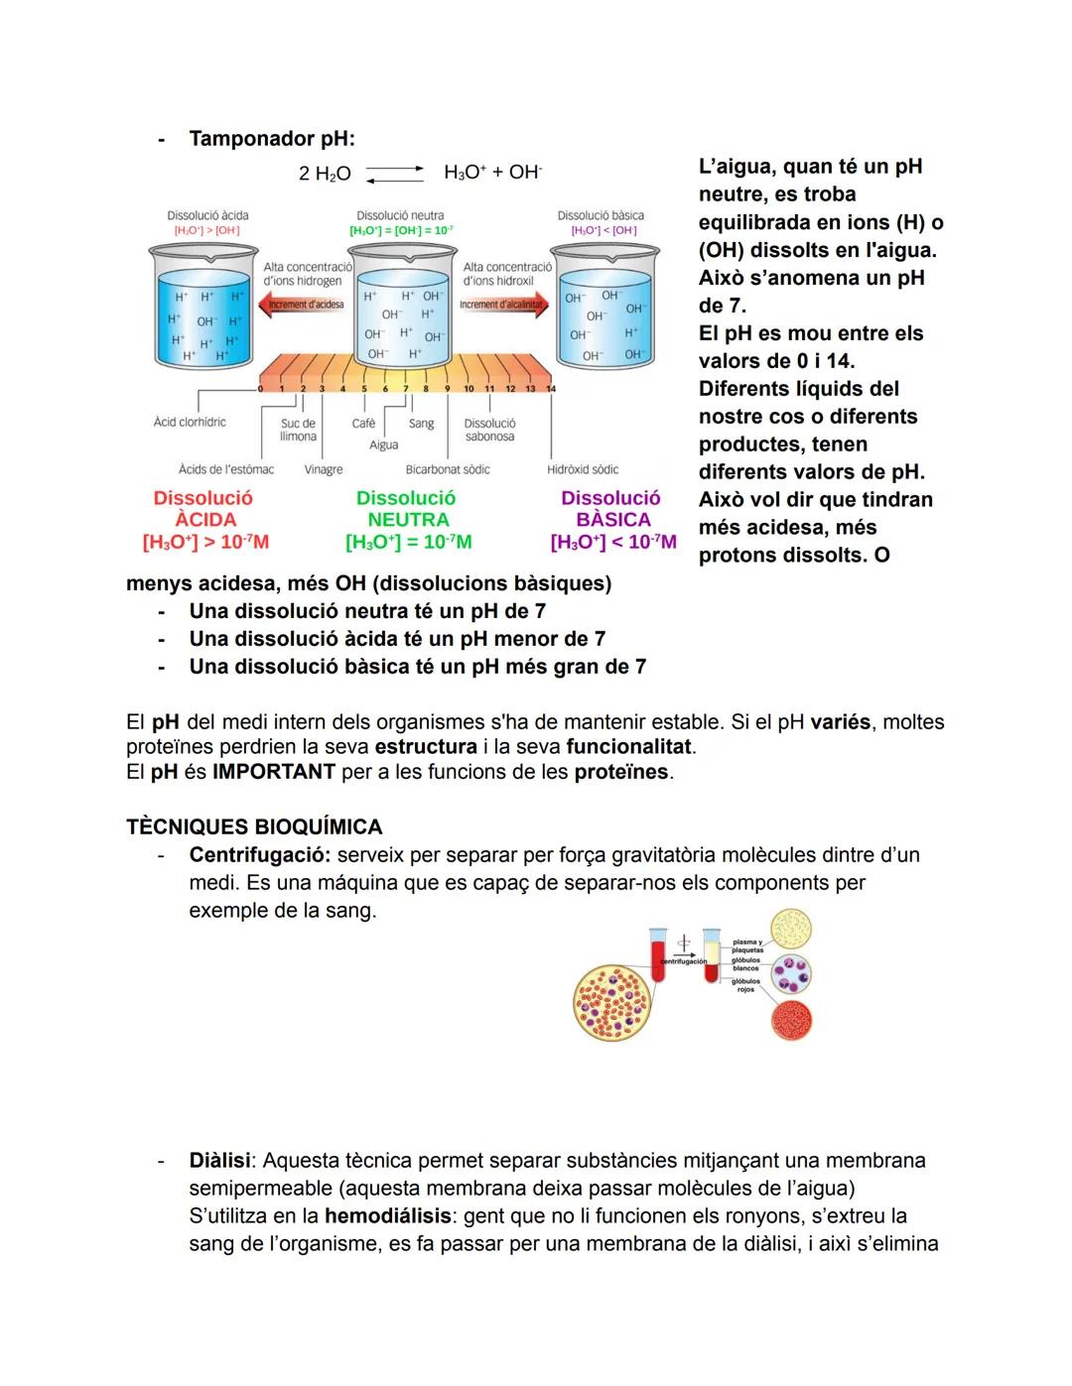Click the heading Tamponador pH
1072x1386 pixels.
click(x=271, y=139)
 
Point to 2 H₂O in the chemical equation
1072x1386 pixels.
click(x=325, y=174)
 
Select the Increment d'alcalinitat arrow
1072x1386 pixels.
click(x=504, y=305)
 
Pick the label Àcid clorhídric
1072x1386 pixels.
click(x=190, y=423)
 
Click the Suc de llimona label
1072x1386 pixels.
click(x=298, y=430)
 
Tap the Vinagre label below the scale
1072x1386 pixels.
click(x=324, y=469)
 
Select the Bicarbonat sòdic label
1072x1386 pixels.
click(x=448, y=469)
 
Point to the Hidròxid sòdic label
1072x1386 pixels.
click(x=583, y=469)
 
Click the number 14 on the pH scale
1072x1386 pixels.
click(x=551, y=389)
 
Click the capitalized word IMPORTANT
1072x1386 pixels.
click(x=274, y=772)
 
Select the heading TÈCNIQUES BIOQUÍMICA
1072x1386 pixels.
click(x=254, y=827)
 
